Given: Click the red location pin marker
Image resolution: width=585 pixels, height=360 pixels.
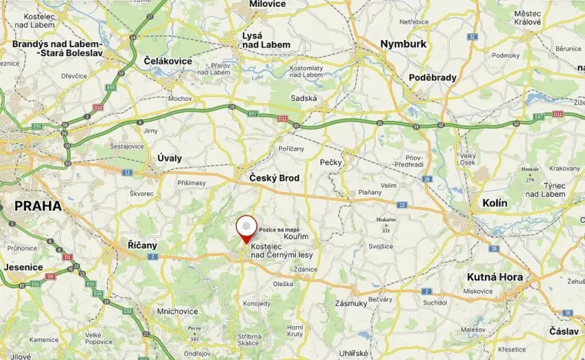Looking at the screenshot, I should click(246, 228).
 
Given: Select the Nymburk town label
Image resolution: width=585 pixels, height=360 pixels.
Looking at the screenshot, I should click(403, 44).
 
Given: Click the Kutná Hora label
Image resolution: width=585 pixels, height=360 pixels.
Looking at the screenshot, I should click(494, 277).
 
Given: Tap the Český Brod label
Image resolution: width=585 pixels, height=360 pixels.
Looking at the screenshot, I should click(274, 178).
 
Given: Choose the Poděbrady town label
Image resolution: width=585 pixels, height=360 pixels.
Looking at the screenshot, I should click(433, 78).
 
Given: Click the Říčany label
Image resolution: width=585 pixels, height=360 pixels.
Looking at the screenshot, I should click(142, 245).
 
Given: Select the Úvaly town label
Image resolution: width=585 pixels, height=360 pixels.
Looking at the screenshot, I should click(169, 158).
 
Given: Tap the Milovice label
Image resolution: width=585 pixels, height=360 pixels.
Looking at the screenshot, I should click(267, 5).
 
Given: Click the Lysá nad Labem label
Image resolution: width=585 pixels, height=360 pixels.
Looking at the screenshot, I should click(266, 40).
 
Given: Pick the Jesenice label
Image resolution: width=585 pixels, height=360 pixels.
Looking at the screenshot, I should click(23, 267).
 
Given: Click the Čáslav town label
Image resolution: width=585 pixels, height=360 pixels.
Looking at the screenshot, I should click(564, 331).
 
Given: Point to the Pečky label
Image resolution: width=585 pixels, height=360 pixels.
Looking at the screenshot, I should click(331, 162).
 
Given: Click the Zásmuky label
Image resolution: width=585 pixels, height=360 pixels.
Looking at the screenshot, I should click(351, 303).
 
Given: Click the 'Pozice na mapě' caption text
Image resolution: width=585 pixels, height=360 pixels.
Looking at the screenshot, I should click(279, 229).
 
